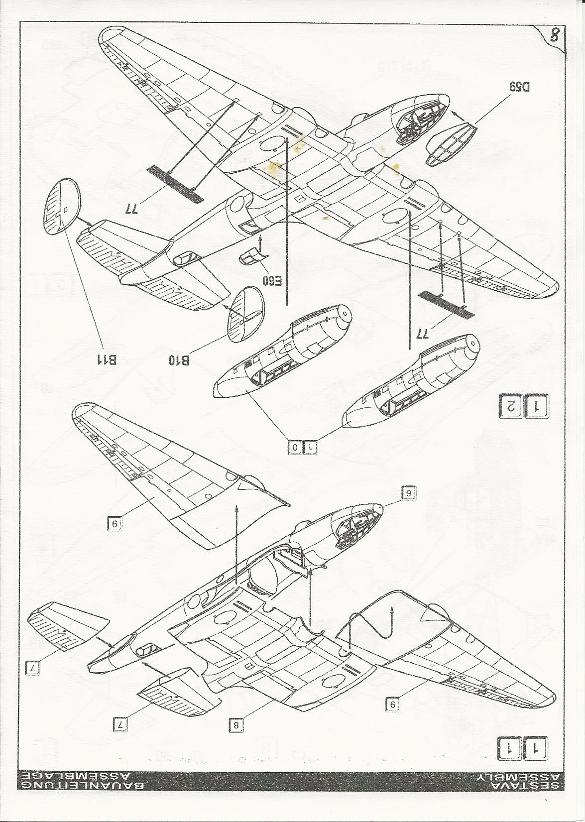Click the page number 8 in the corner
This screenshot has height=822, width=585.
coord(554,36)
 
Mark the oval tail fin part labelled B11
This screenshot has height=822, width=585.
coord(60,205)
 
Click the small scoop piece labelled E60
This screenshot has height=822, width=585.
coord(250,258)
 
